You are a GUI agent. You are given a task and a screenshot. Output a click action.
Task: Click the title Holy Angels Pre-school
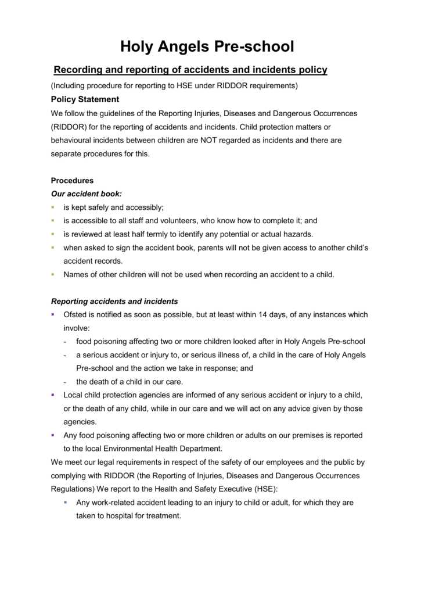[x=207, y=46]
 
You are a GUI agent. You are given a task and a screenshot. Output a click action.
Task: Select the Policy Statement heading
[x=85, y=99]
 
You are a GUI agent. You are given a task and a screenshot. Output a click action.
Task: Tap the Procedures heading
[x=72, y=181]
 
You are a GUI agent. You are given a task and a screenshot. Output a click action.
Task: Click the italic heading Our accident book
[x=87, y=194]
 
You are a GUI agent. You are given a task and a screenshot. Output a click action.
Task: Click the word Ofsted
[x=75, y=315]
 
